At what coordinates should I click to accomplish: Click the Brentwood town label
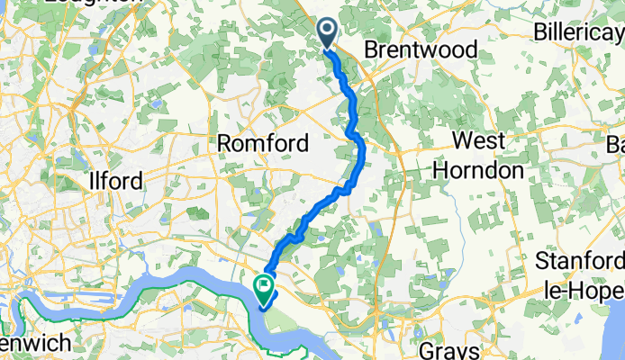pos(421,50)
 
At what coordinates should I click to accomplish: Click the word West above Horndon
pos(477,142)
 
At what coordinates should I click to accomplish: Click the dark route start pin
pos(326,34)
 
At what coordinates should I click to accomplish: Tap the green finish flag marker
pos(265,289)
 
